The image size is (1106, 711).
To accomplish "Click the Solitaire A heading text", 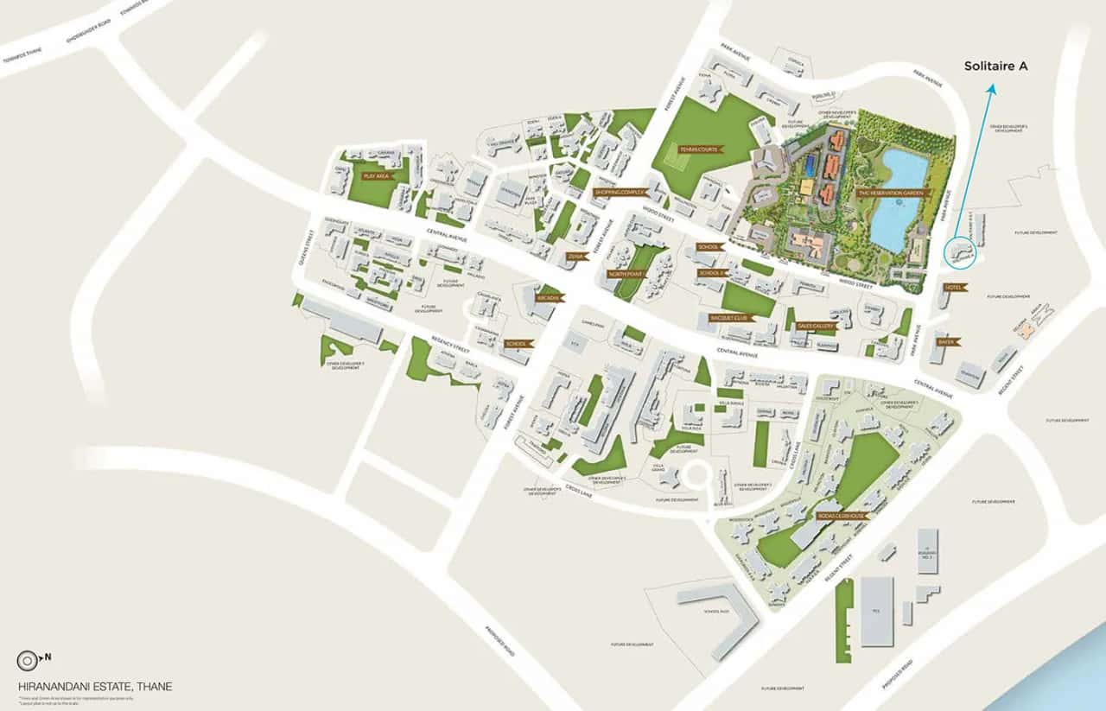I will click(x=996, y=66).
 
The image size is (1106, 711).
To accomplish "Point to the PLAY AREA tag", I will click(x=377, y=175).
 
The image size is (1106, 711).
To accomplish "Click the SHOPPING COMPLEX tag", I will click(x=620, y=192).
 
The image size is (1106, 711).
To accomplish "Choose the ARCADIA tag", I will click(x=550, y=298).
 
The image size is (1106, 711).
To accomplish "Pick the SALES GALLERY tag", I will click(x=815, y=327).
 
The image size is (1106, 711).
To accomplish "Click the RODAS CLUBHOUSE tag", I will click(x=842, y=516).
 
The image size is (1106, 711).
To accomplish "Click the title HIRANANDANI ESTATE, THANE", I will click(x=95, y=687).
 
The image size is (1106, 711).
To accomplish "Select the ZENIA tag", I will click(x=576, y=257).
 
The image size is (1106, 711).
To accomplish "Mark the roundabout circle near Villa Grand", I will click(x=696, y=474).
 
